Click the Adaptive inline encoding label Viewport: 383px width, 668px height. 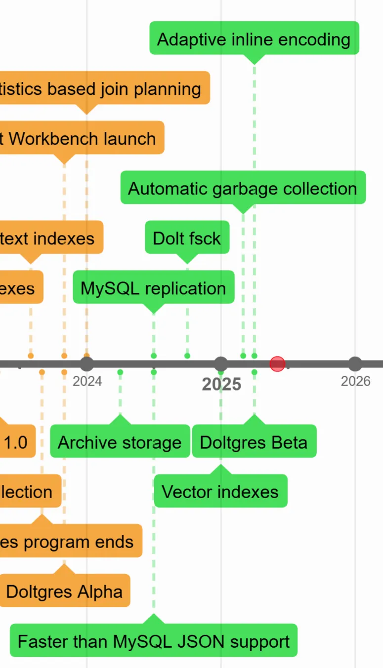[254, 39]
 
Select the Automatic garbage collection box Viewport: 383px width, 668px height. [243, 188]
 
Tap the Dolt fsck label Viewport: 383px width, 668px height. [187, 238]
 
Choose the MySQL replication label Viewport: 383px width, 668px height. [153, 288]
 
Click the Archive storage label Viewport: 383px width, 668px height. [120, 442]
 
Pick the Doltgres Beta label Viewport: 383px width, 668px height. [254, 442]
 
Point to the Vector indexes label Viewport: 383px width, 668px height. [220, 492]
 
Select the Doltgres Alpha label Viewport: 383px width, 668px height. [64, 591]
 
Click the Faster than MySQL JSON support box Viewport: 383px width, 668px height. [154, 641]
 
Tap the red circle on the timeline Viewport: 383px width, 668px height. [277, 364]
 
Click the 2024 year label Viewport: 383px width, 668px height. [87, 381]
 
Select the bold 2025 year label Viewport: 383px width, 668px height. [221, 384]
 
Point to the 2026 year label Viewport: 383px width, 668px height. [355, 381]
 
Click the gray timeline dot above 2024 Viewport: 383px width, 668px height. [87, 364]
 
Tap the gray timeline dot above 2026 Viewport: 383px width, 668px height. [355, 364]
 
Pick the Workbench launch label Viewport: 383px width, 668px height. [82, 138]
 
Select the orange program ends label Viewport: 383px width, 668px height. [69, 542]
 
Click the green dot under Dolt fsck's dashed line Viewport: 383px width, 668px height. [187, 355]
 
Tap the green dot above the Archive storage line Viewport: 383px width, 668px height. [120, 372]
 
